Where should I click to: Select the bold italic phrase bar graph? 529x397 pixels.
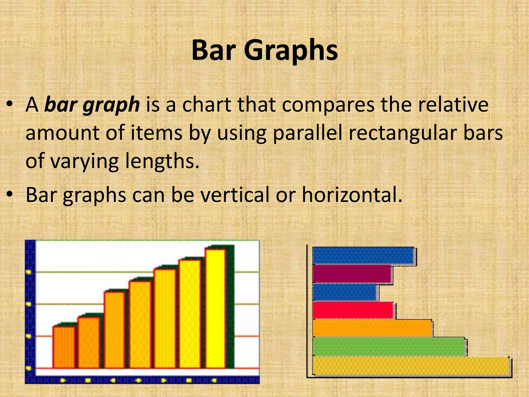pyautogui.click(x=92, y=105)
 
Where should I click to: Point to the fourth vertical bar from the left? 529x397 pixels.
pyautogui.click(x=140, y=324)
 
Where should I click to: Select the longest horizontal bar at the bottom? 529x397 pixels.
pyautogui.click(x=411, y=365)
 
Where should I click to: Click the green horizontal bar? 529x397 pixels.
pyautogui.click(x=389, y=346)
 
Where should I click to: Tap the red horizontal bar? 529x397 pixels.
pyautogui.click(x=353, y=310)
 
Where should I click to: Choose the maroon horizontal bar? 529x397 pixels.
pyautogui.click(x=352, y=274)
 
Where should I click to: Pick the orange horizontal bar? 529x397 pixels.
pyautogui.click(x=372, y=328)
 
